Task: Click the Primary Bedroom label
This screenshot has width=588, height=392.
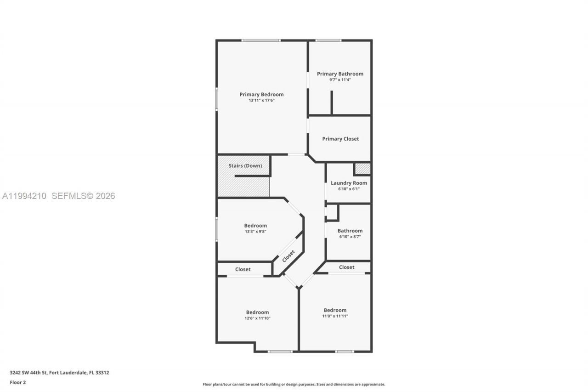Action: [x=261, y=94]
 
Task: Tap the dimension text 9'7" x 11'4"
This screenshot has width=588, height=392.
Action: [x=340, y=80]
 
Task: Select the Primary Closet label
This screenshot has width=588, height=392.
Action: [x=340, y=139]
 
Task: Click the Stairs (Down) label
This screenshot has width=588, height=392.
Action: [x=245, y=165]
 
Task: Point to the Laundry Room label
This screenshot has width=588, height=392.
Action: [x=349, y=183]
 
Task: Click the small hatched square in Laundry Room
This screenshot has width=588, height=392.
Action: [x=362, y=169]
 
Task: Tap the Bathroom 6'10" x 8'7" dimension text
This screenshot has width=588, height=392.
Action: [x=350, y=237]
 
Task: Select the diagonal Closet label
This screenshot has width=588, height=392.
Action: [x=288, y=256]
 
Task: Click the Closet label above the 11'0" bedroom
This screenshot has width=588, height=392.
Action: [x=347, y=267]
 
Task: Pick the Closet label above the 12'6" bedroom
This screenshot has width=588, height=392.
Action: [x=243, y=269]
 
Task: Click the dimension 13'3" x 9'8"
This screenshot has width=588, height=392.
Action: [x=255, y=232]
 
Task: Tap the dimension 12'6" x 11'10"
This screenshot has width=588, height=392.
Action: [x=257, y=318]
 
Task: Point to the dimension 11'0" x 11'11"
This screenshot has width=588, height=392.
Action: [x=335, y=316]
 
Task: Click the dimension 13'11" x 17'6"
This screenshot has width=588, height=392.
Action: [x=261, y=100]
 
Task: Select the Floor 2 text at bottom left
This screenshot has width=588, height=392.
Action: [x=18, y=382]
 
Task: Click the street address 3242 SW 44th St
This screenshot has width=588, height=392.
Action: [x=59, y=373]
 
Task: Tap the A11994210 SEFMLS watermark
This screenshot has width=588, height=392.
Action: [x=58, y=196]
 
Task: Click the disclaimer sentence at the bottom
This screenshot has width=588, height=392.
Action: [x=294, y=384]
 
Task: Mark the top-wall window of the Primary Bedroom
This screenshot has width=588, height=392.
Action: [x=261, y=40]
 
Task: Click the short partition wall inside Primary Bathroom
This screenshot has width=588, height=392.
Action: [x=331, y=102]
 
